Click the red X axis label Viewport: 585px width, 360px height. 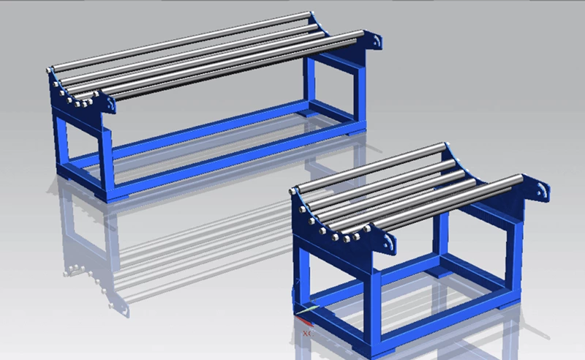point(305,334)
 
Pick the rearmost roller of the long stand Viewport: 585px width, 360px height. point(183,40)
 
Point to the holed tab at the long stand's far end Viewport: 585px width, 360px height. point(375,40)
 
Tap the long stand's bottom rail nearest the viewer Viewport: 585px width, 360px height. point(234,157)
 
